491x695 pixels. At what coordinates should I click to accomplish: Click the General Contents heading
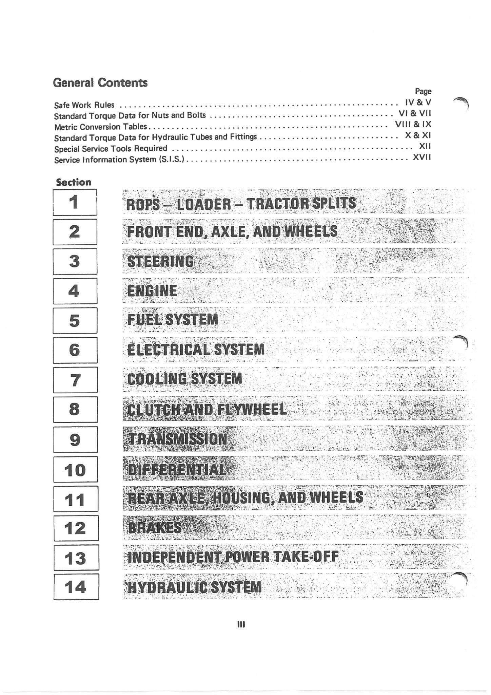tap(100, 82)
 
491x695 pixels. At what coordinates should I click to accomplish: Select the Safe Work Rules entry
tap(84, 105)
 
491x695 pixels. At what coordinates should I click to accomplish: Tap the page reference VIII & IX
tap(413, 124)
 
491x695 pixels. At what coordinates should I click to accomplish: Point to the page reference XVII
tap(422, 157)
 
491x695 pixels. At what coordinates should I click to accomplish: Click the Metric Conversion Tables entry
tap(101, 127)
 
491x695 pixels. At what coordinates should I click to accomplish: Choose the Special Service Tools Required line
tap(111, 149)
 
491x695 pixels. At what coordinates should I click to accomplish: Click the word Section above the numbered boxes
tap(74, 182)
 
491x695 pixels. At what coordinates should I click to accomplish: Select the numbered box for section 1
tap(75, 202)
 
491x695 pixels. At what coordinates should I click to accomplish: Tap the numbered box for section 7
tap(75, 380)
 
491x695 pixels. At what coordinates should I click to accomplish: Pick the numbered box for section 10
tap(75, 469)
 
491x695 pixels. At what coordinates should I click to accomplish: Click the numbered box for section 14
tap(76, 587)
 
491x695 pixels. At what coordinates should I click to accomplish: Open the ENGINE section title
tap(152, 291)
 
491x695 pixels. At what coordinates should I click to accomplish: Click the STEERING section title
tap(160, 261)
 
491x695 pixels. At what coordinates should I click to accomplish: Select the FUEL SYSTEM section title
tap(173, 320)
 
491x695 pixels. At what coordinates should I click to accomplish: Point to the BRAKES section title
tap(155, 528)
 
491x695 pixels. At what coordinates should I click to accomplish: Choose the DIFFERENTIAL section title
tap(176, 470)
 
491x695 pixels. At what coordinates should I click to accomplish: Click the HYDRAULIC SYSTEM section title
tap(194, 587)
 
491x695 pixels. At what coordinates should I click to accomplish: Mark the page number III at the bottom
tap(241, 624)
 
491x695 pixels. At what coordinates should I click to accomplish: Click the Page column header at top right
tap(423, 91)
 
